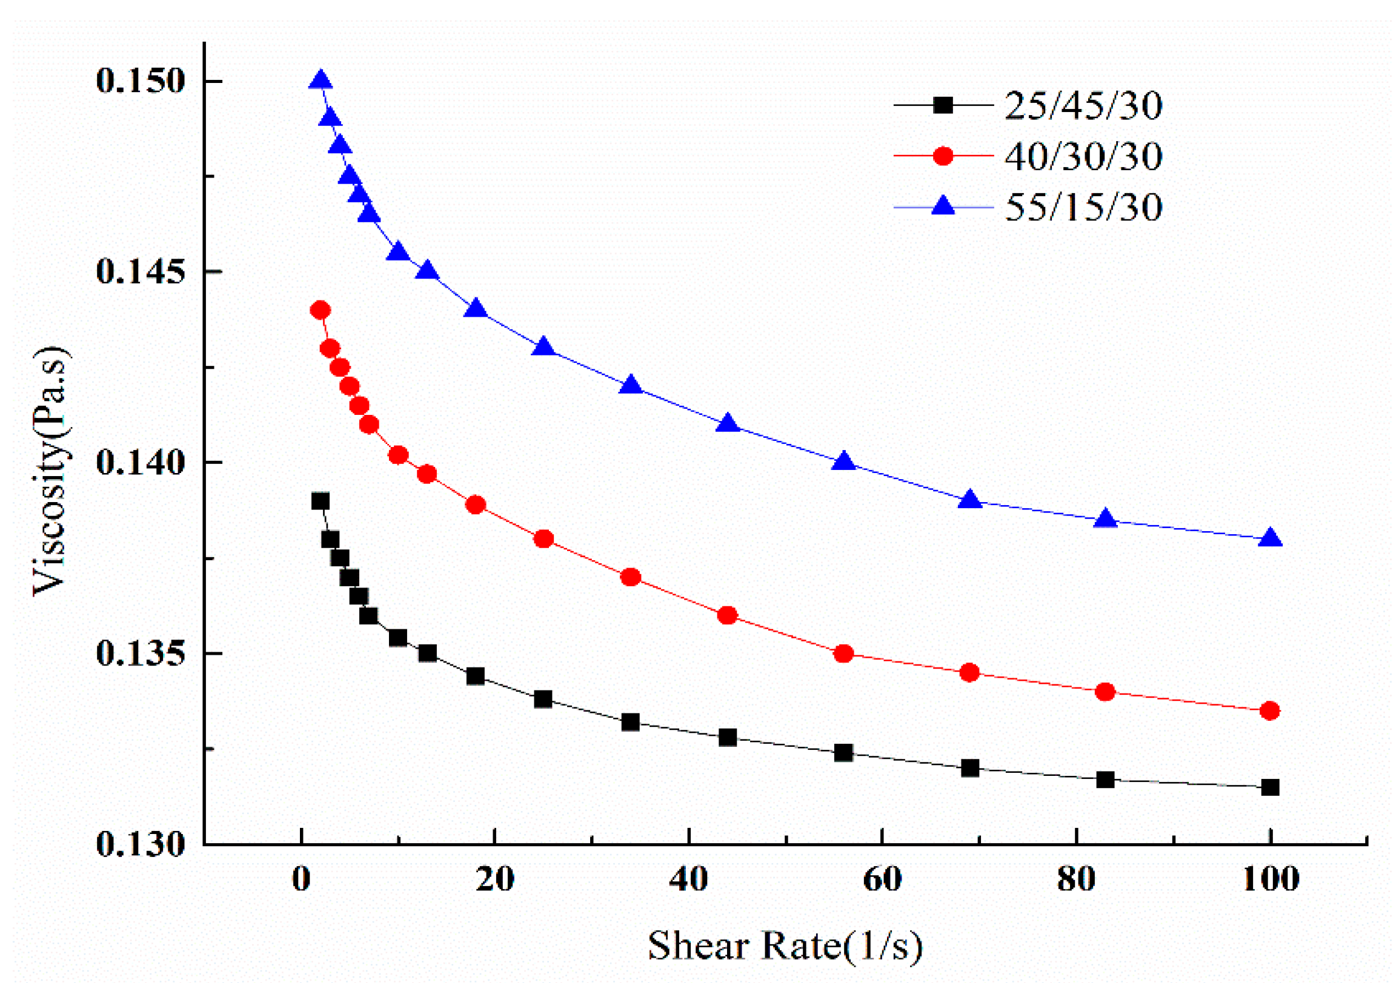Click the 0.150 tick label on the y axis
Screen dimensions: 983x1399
[x=140, y=81]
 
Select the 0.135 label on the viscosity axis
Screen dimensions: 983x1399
[x=140, y=654]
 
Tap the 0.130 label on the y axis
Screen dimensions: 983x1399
[x=140, y=845]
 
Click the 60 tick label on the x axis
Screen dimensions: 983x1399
[x=882, y=879]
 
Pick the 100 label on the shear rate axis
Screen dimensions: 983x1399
[x=1270, y=879]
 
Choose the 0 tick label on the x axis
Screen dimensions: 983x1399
[x=301, y=879]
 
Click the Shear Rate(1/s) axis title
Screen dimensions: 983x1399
[x=785, y=947]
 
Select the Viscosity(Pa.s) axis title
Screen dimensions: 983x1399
[x=51, y=471]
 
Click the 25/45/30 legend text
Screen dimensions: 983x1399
[x=1083, y=105]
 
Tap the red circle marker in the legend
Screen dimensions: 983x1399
[x=943, y=156]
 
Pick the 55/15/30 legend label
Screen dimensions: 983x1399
[x=1083, y=207]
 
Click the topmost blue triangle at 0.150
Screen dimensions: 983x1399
[x=321, y=81]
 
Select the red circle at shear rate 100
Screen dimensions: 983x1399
[x=1270, y=711]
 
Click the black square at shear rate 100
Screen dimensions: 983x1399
[x=1270, y=787]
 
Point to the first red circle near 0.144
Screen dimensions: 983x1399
[x=321, y=310]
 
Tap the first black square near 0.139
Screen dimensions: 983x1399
[x=321, y=501]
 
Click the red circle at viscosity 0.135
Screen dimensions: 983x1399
[x=843, y=654]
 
